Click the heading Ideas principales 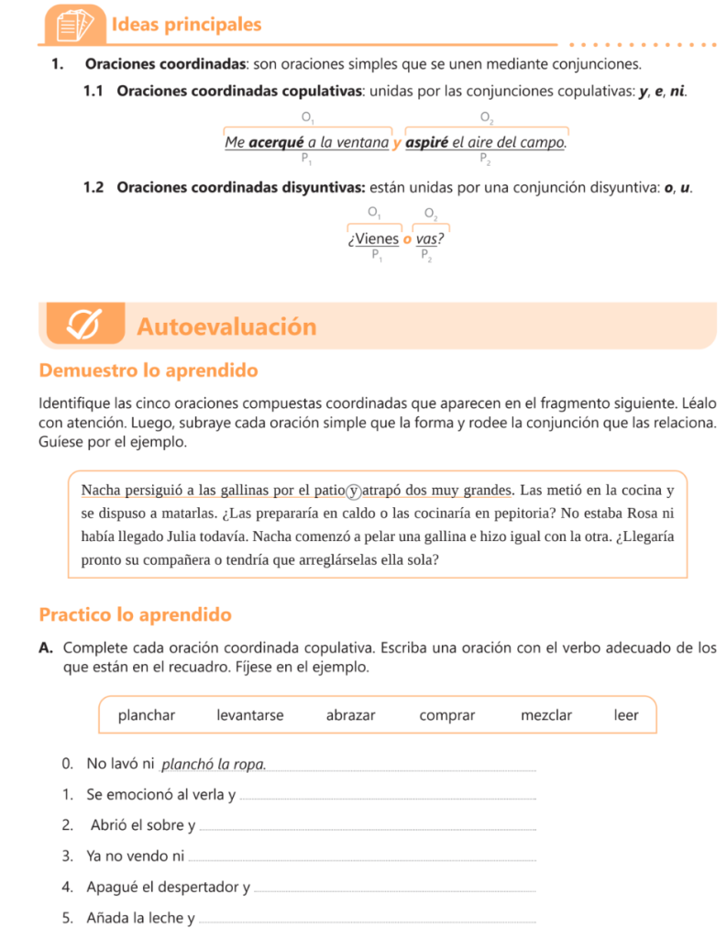(186, 25)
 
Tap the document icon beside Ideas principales (74, 25)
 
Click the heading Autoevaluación (226, 326)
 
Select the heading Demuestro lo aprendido (149, 371)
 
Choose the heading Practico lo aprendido (136, 614)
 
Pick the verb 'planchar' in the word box (147, 715)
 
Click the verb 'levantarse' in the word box (249, 715)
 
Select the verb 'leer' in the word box (626, 715)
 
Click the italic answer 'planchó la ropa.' (215, 764)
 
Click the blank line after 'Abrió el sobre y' (367, 828)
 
